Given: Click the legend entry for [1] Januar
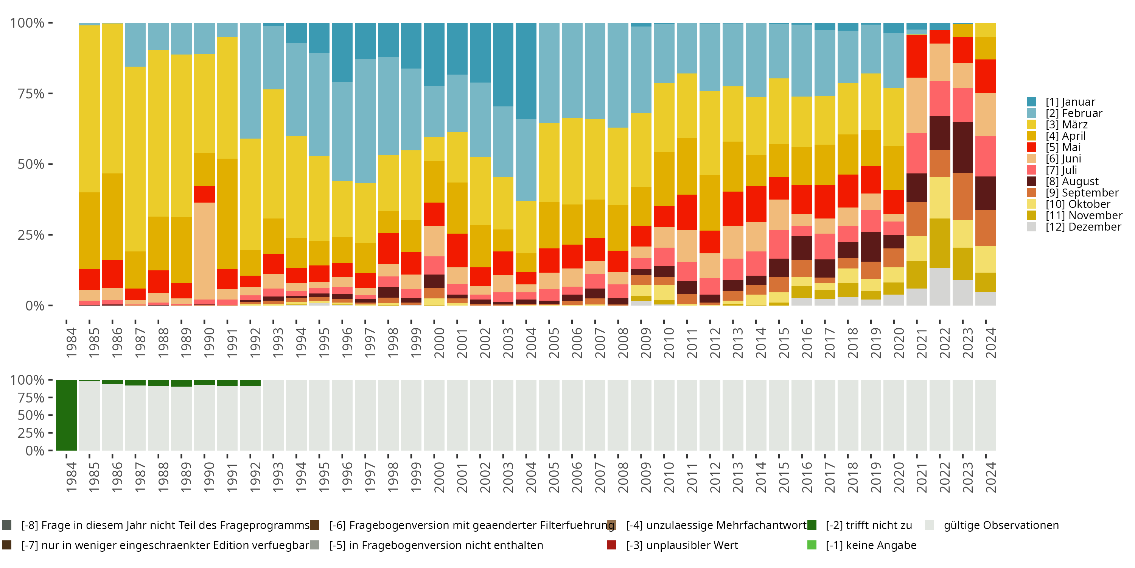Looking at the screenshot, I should (1070, 102).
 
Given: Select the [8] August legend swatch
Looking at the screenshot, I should (1031, 181).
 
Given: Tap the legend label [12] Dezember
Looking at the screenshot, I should (1083, 227).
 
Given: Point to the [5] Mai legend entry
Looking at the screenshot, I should (1063, 147).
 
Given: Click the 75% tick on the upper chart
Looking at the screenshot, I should (31, 94).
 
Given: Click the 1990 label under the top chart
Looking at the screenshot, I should (209, 343).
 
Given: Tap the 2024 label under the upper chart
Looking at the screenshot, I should (990, 343).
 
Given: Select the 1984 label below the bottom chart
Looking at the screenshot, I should (71, 477).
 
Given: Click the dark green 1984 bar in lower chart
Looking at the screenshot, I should (67, 415).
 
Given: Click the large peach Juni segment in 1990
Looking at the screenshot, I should (204, 251).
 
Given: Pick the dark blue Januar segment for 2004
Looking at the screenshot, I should (526, 70).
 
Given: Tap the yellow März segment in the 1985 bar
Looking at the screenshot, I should (89, 108).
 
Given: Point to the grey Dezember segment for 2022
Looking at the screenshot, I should (940, 287).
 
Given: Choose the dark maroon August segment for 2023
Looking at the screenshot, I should (963, 147).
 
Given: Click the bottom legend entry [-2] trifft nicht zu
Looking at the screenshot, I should (868, 525).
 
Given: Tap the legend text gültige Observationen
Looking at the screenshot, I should (1001, 525).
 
